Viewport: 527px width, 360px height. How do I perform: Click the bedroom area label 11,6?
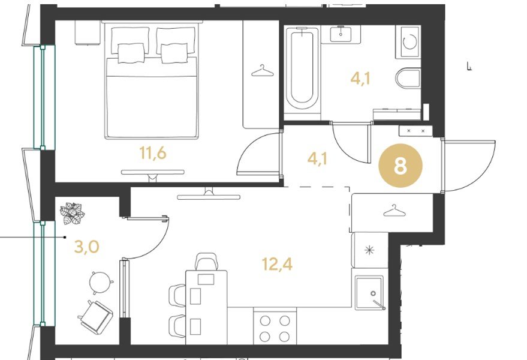coord(153,154)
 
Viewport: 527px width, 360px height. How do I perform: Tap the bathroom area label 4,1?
coord(360,79)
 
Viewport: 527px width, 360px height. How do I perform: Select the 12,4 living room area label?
coord(277,264)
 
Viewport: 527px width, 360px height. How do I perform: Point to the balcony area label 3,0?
coord(86,247)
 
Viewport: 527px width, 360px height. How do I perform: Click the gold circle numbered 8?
coord(400,166)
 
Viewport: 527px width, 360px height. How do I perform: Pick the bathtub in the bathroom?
coord(302,68)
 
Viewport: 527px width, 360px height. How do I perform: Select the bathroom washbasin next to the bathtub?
coord(341,34)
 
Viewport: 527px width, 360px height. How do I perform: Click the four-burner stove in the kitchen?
coord(275,326)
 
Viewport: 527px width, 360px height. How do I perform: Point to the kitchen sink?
coord(370,293)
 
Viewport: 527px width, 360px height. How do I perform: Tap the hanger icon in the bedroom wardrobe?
coord(262,71)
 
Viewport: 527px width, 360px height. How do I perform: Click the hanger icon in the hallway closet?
coord(395,211)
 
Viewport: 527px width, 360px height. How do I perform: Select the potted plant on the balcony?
coord(72,214)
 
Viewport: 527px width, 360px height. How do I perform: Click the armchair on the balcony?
coord(96,317)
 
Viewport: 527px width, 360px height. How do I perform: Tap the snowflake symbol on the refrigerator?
coord(369,250)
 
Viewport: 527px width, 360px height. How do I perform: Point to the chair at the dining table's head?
coord(207,262)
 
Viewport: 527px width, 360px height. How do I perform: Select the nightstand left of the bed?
coord(88,32)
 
